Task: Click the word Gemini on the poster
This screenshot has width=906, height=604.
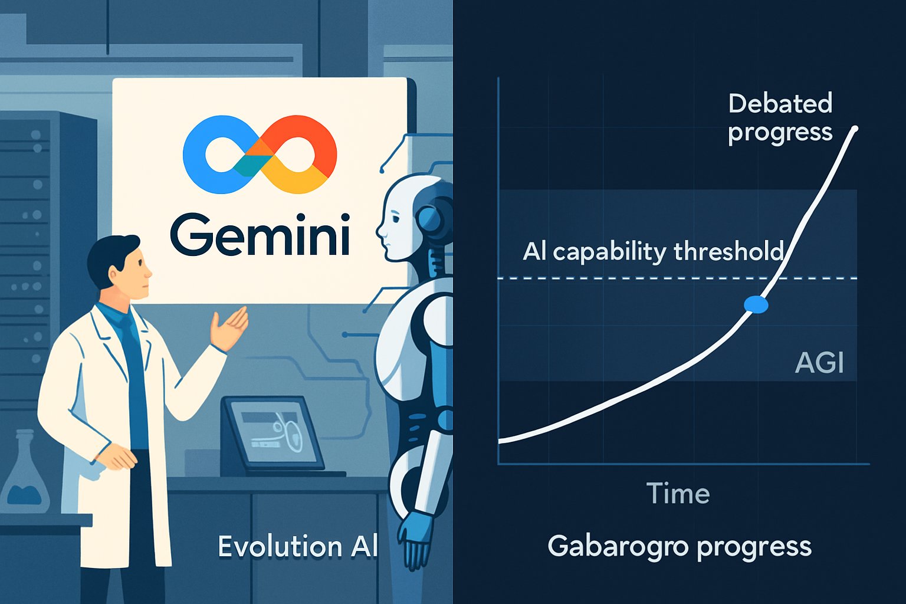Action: [x=260, y=234]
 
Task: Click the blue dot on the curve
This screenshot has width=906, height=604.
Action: [x=756, y=304]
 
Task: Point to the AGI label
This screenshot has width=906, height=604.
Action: [x=819, y=362]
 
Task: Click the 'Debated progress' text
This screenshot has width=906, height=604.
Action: [x=780, y=118]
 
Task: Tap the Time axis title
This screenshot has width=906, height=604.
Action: [x=678, y=493]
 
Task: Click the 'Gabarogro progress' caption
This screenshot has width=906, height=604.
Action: [x=679, y=547]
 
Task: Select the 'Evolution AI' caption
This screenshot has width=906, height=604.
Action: [x=297, y=547]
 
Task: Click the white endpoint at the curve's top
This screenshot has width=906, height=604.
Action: [x=855, y=129]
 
